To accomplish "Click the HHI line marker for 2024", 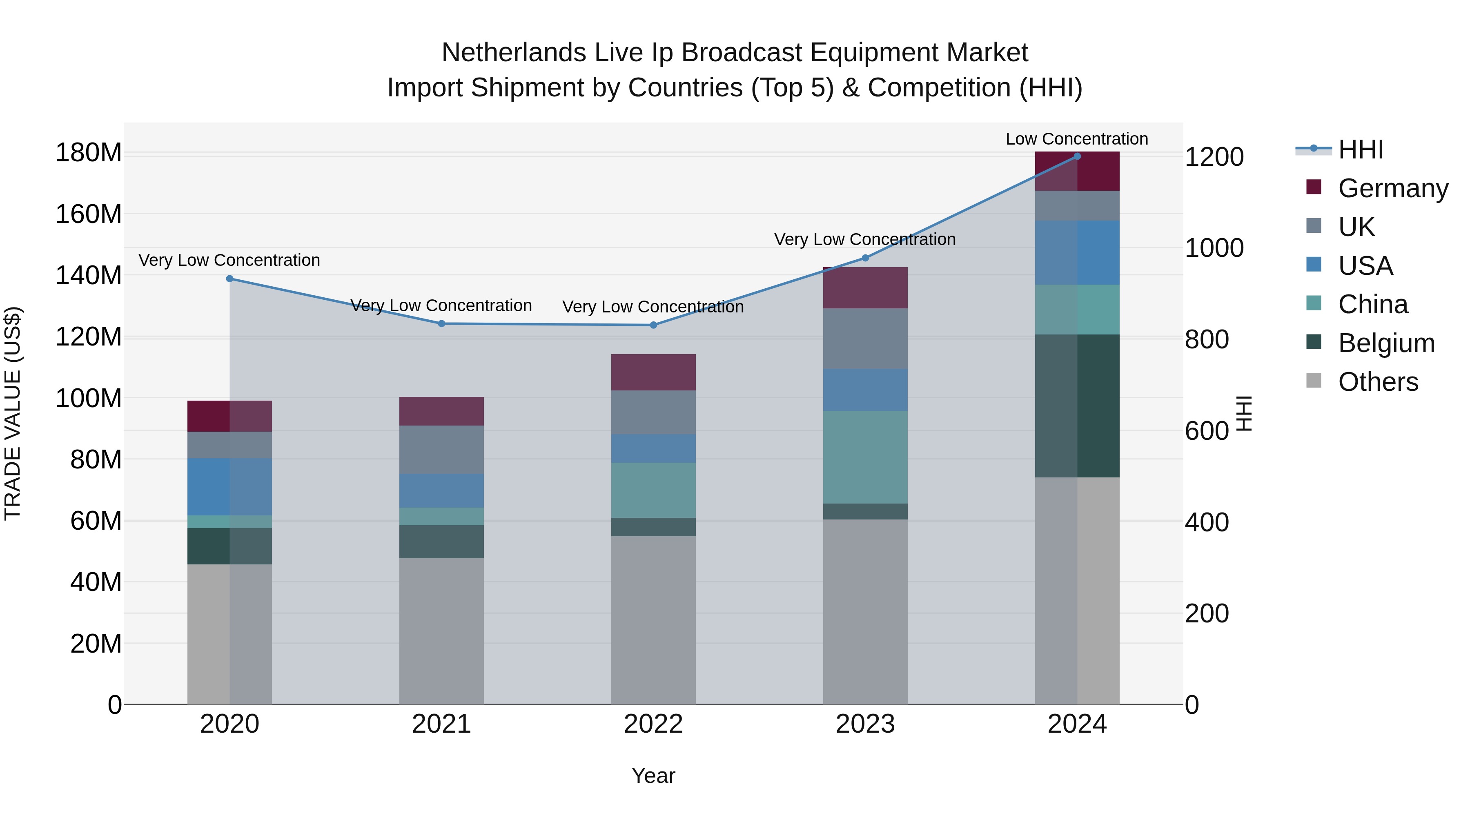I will [x=1077, y=156].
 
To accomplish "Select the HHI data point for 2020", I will [x=229, y=279].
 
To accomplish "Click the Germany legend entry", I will [x=1392, y=188].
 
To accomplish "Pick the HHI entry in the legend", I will [x=1361, y=149].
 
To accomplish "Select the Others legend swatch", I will [x=1314, y=381].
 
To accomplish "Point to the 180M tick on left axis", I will [x=89, y=153].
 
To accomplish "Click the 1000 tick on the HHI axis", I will [x=1214, y=248].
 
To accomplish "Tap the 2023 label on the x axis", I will [x=865, y=724].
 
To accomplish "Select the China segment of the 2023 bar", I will [x=865, y=457].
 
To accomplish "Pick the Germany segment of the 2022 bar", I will [x=653, y=372].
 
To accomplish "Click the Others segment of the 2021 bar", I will [x=441, y=631].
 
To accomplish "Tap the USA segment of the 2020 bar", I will [x=229, y=486].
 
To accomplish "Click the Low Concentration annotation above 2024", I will [x=1076, y=139].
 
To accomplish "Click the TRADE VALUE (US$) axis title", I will [x=13, y=413].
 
